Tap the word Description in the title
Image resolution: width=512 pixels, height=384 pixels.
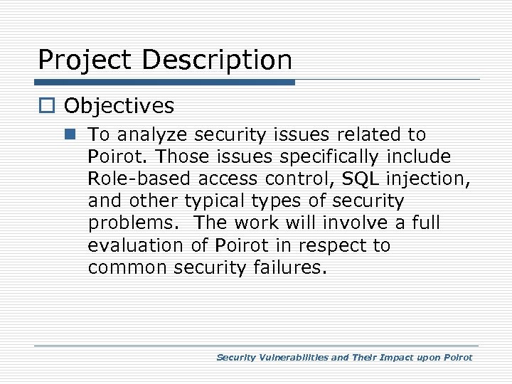(x=217, y=60)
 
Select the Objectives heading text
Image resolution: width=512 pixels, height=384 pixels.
(x=119, y=106)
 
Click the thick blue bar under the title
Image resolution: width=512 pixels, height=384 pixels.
(x=166, y=82)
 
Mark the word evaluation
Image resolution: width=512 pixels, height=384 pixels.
(x=139, y=245)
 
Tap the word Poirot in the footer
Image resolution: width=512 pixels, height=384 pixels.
(x=456, y=358)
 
